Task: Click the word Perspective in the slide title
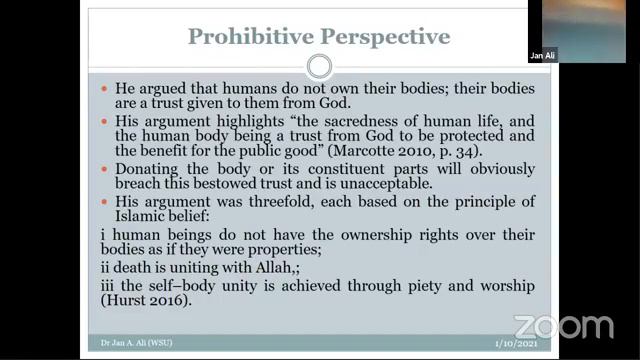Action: (384, 37)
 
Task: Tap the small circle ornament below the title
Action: (319, 67)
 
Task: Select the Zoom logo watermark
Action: (563, 326)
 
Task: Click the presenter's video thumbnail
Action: (584, 32)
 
